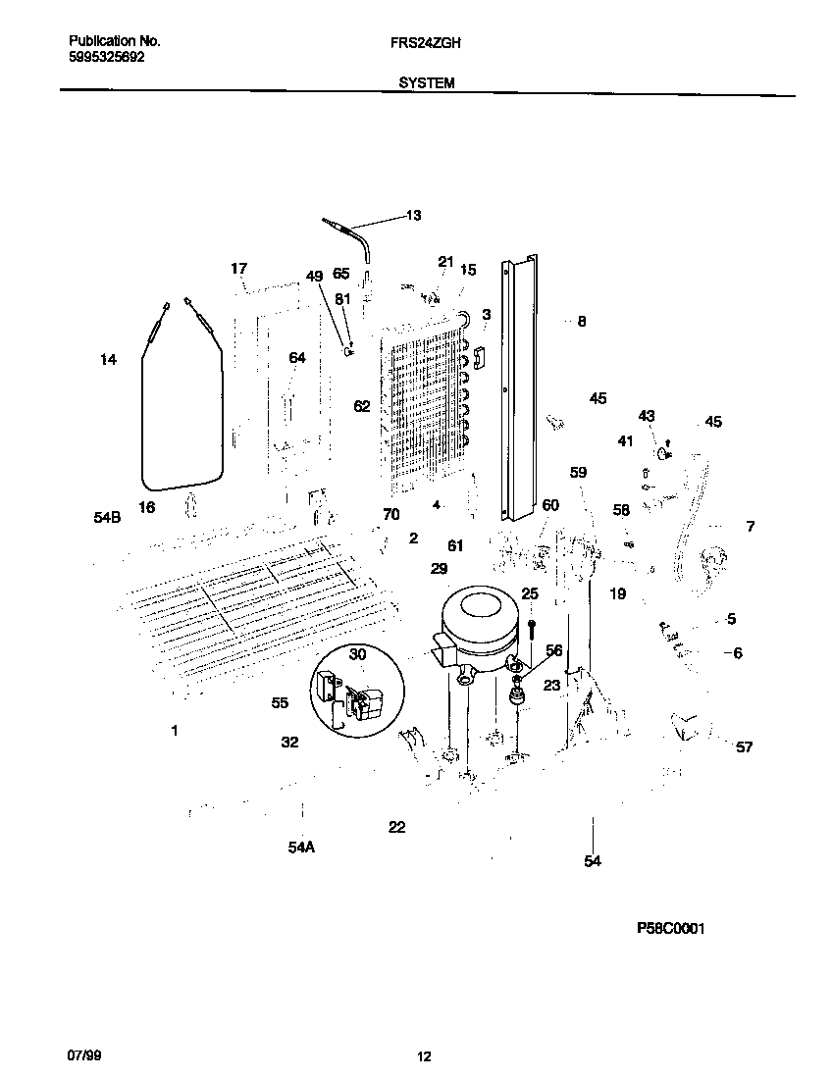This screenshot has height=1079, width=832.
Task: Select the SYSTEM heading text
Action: pos(426,84)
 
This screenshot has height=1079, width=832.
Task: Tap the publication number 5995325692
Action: pos(107,58)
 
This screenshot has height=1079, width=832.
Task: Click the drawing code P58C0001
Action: pos(670,928)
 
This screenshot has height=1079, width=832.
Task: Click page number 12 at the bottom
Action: pos(424,1056)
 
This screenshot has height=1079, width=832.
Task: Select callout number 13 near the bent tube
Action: pos(413,215)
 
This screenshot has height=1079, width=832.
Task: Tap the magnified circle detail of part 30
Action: pos(358,693)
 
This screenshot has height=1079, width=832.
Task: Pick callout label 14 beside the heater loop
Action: pos(108,360)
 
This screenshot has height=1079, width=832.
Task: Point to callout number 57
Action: pos(745,747)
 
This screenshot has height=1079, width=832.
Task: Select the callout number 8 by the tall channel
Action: pos(582,321)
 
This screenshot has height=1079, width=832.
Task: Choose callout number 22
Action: pos(396,827)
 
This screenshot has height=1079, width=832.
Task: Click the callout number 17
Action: pos(239,268)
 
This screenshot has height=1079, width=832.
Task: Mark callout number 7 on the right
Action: pos(751,527)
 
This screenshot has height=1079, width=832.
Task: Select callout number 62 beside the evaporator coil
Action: pos(362,406)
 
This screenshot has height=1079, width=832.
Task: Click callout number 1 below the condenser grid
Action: pos(175,730)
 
